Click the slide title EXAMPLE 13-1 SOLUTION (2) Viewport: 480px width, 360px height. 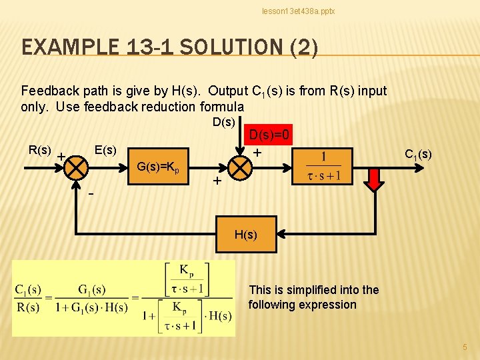coord(169,47)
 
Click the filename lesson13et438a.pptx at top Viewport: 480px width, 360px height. coord(298,11)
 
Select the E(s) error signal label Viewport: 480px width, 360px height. coord(105,150)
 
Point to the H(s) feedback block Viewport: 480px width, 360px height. coord(245,235)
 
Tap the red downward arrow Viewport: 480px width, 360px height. coord(375,177)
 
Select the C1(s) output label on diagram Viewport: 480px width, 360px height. coord(418,155)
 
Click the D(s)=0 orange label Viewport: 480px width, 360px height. coord(269,135)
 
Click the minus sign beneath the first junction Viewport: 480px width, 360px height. coord(91,194)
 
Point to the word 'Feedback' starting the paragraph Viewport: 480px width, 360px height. coord(49,91)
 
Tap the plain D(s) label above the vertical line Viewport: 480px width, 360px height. coord(223,122)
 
